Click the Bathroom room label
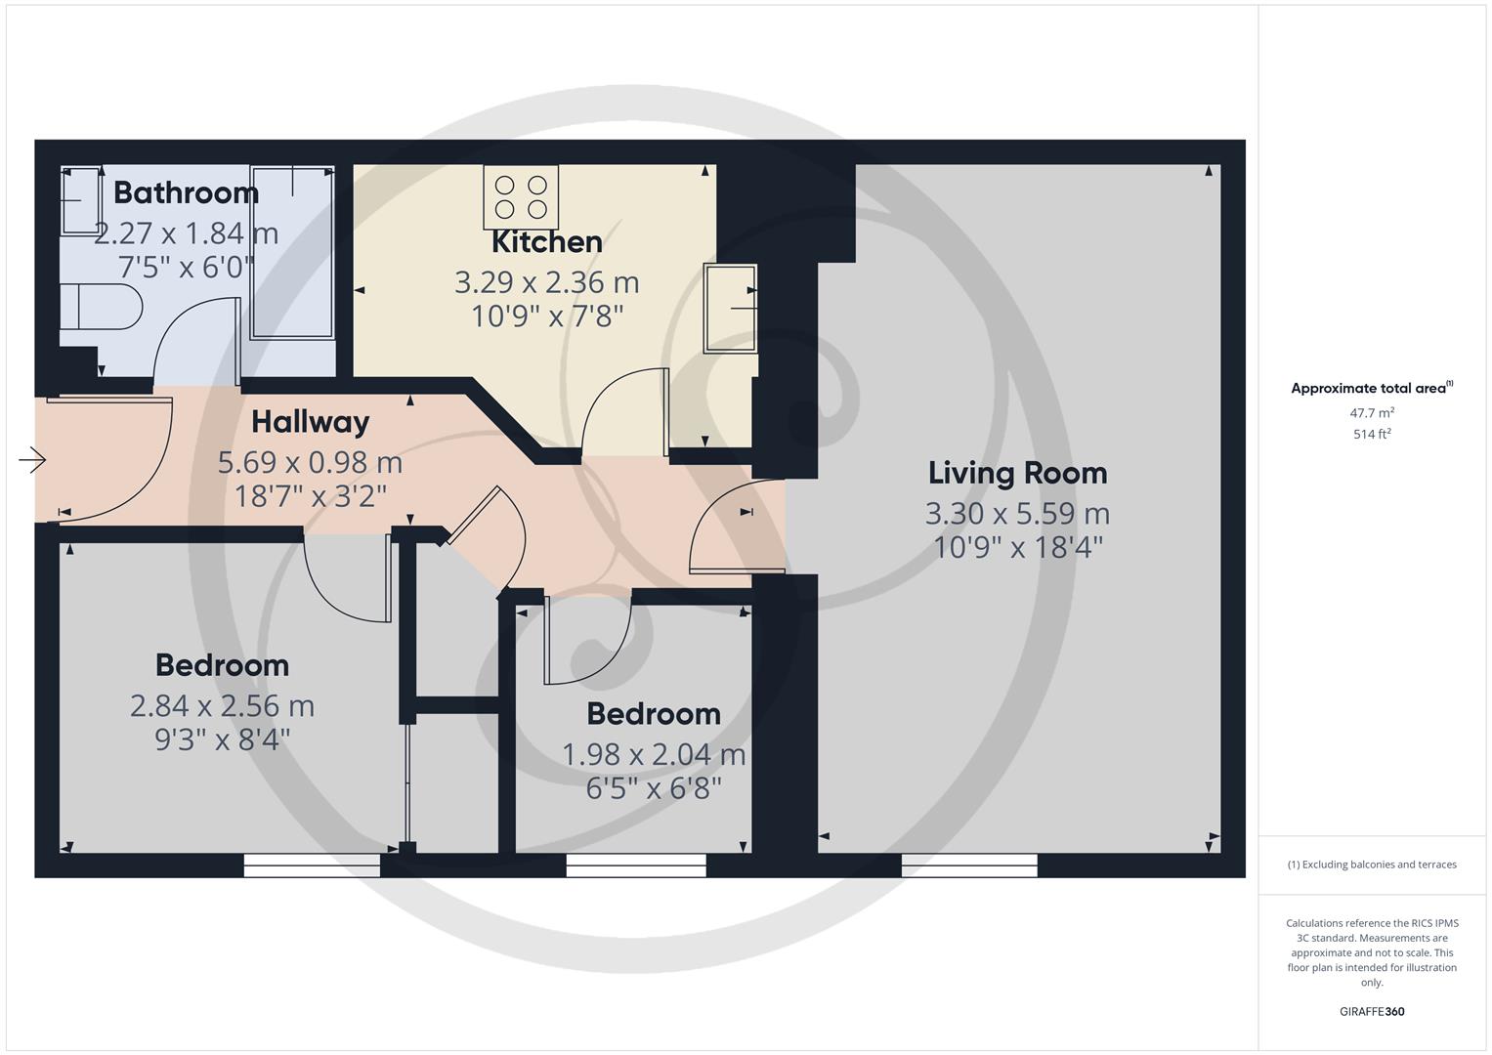(186, 192)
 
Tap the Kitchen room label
(546, 241)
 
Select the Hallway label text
(310, 422)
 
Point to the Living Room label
(1017, 473)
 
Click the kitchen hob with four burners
(521, 196)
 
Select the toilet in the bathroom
(100, 308)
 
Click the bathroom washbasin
(81, 201)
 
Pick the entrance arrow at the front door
(32, 459)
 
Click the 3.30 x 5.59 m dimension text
(1017, 513)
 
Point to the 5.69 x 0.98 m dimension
(310, 461)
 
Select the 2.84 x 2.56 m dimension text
(222, 705)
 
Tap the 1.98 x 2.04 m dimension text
(654, 754)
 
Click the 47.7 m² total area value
(1372, 413)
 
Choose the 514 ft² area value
(1372, 435)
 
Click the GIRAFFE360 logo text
(1372, 1011)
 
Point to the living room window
(969, 865)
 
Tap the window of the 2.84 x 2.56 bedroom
(312, 865)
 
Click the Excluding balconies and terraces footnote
(1372, 865)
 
